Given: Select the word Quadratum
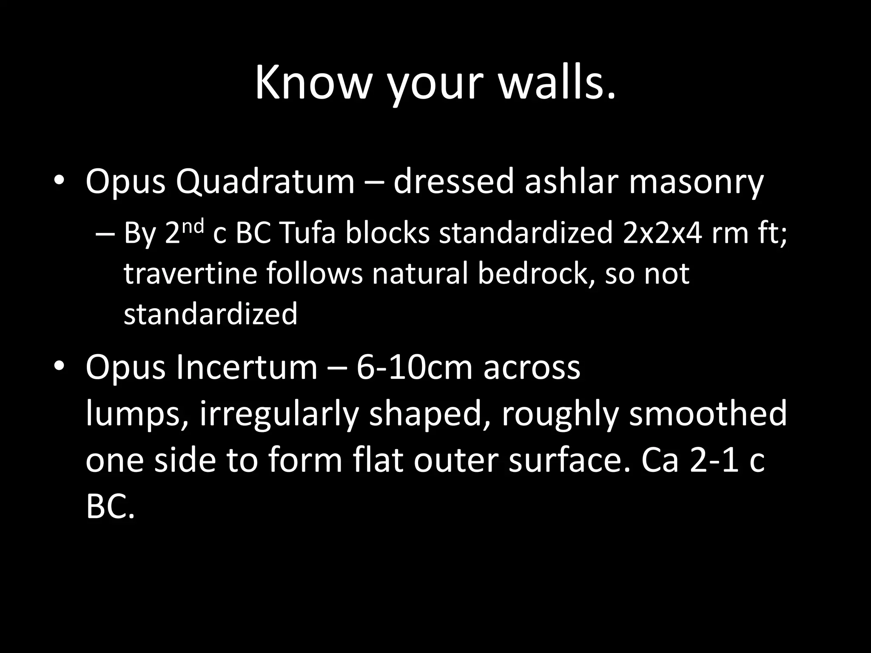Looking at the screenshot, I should pyautogui.click(x=265, y=182).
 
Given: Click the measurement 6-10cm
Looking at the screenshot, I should pyautogui.click(x=414, y=367).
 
